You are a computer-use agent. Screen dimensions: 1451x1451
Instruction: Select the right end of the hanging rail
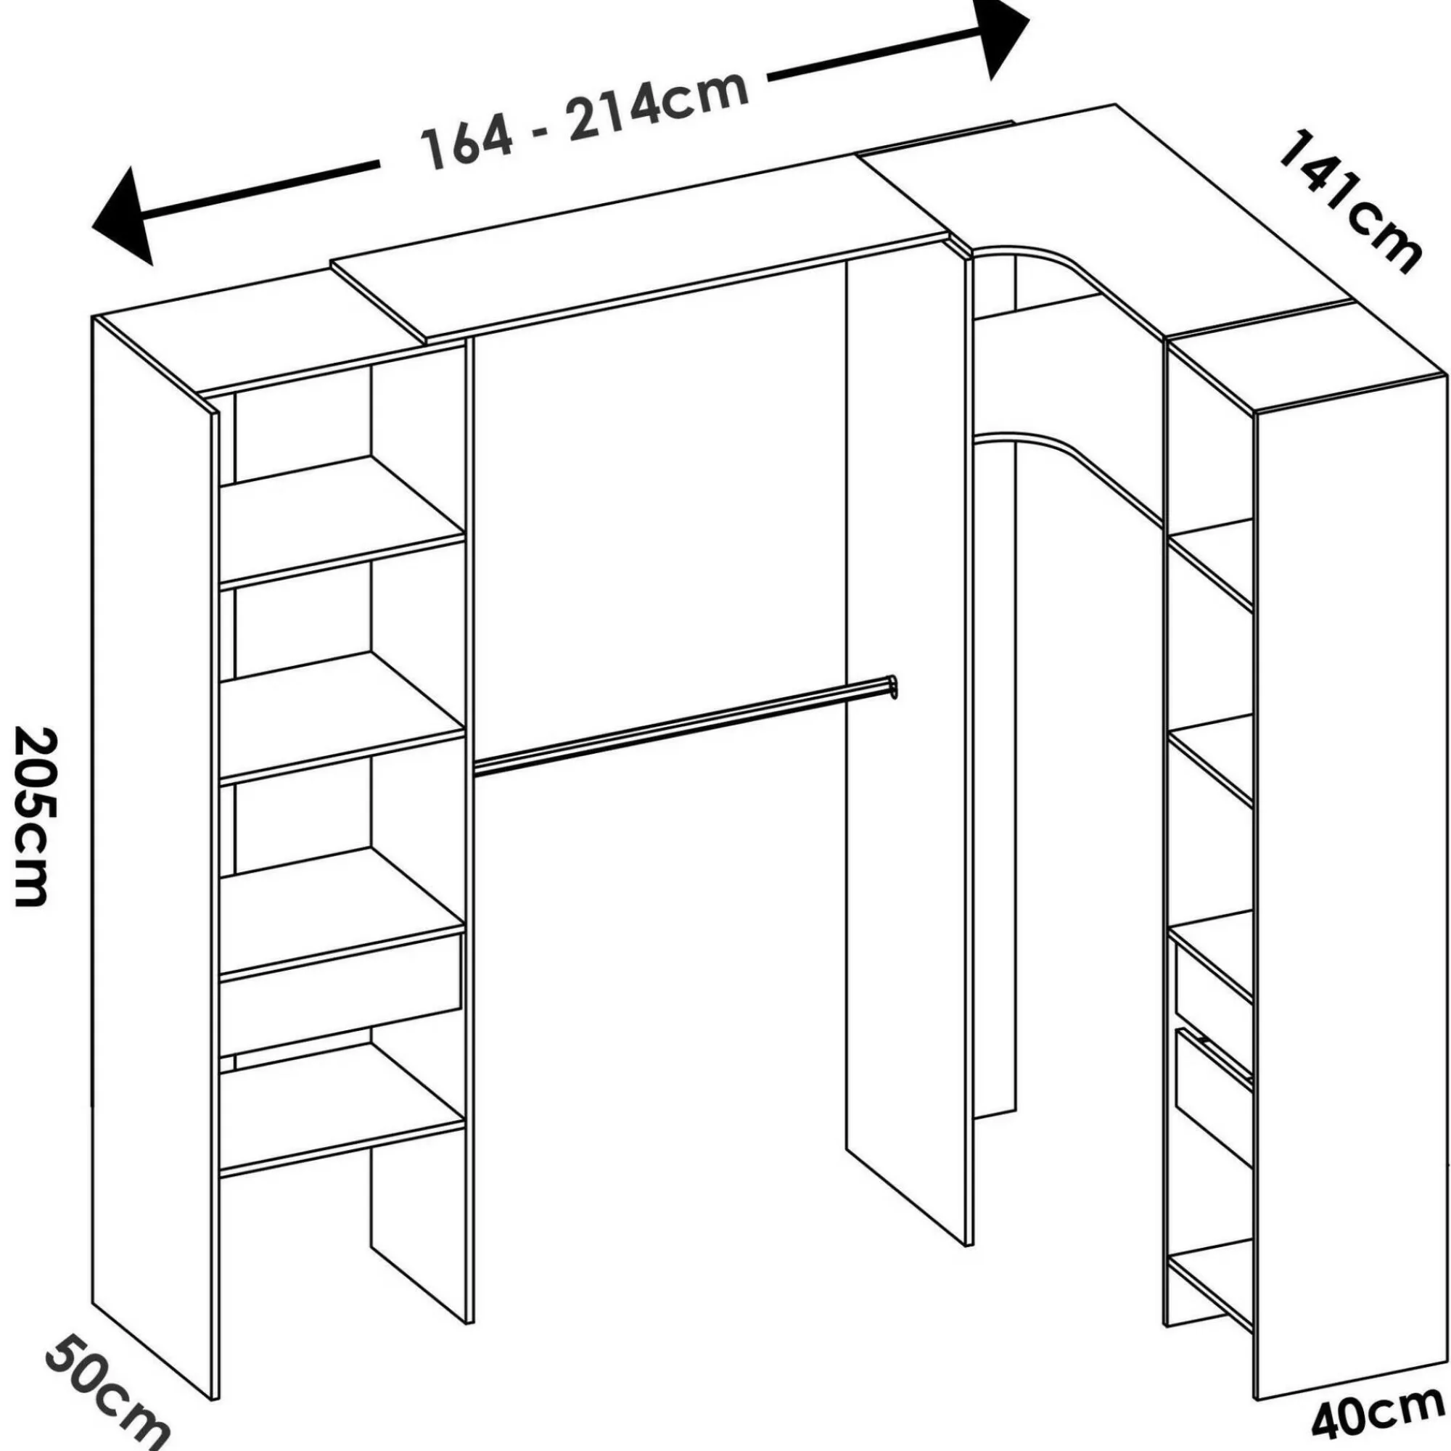(x=892, y=687)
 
